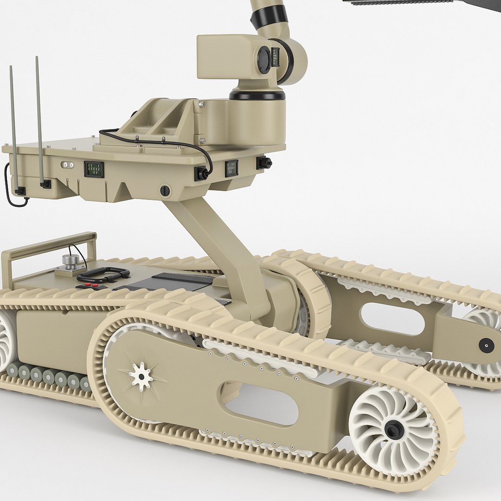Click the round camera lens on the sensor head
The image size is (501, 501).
pos(264,60)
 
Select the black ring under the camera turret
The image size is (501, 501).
pos(257,95)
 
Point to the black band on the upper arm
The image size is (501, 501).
pos(269,16)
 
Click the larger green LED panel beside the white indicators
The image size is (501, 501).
pos(94,169)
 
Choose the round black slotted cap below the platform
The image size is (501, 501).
pos(165,190)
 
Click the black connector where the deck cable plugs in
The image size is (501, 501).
pos(201,173)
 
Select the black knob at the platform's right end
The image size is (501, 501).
pos(264,163)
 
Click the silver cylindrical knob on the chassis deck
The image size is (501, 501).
pos(71,262)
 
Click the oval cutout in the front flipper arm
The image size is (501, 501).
pos(261,403)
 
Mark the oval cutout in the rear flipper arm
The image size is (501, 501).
pos(392,319)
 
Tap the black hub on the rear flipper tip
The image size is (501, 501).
pos(486,345)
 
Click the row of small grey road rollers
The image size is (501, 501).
pos(46,376)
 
